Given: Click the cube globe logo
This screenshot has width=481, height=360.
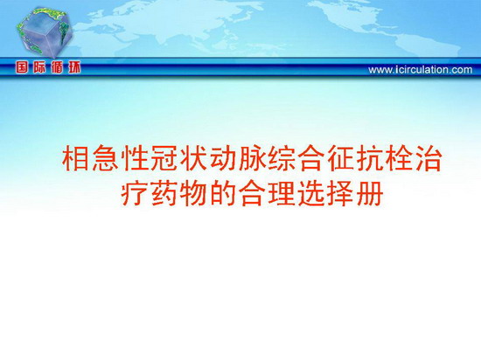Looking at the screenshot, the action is click(45, 31).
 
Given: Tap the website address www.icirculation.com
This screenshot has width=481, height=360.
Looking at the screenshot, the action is click(421, 70).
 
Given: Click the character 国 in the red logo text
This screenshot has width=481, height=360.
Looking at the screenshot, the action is click(22, 67).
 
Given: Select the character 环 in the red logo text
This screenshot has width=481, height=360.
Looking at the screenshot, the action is click(74, 67).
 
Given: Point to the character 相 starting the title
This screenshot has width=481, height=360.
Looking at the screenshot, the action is click(75, 159).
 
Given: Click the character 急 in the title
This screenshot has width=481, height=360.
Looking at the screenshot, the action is click(105, 159).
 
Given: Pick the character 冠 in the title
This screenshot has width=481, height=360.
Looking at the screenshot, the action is click(164, 159).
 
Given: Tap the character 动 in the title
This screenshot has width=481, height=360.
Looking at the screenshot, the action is click(223, 159).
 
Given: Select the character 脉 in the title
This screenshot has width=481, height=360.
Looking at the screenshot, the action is click(252, 159).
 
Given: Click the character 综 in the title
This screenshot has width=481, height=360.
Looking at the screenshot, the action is click(282, 159).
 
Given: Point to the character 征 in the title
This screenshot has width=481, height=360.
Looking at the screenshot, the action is click(340, 159).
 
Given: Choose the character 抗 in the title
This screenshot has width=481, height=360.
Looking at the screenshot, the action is click(370, 159).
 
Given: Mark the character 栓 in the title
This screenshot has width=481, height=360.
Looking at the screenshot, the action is click(400, 159).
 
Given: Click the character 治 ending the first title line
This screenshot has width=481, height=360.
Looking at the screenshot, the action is click(429, 159).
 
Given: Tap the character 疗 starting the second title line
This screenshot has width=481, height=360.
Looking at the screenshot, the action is click(134, 194).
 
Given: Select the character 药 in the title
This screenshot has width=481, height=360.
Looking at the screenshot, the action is click(164, 194).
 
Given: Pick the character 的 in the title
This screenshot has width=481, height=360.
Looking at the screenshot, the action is click(222, 194).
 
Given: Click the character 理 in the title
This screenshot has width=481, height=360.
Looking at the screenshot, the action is click(282, 194).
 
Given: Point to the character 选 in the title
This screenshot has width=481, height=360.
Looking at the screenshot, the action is click(310, 194).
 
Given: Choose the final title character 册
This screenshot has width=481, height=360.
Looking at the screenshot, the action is click(370, 194).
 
